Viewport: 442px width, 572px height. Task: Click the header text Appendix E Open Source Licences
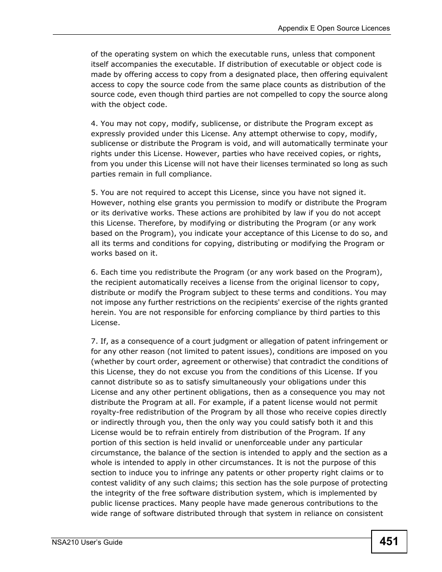tap(334, 28)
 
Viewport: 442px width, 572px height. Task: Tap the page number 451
tap(389, 541)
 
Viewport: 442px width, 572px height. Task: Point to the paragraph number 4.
tap(94, 124)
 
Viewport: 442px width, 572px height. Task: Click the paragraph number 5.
tap(94, 193)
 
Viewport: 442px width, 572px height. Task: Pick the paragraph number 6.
tap(94, 272)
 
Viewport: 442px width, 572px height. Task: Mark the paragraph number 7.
tap(94, 341)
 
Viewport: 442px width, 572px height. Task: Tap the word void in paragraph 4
tap(243, 144)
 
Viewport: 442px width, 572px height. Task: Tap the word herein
tap(103, 313)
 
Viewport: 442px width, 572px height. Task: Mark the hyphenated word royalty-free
tap(113, 412)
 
